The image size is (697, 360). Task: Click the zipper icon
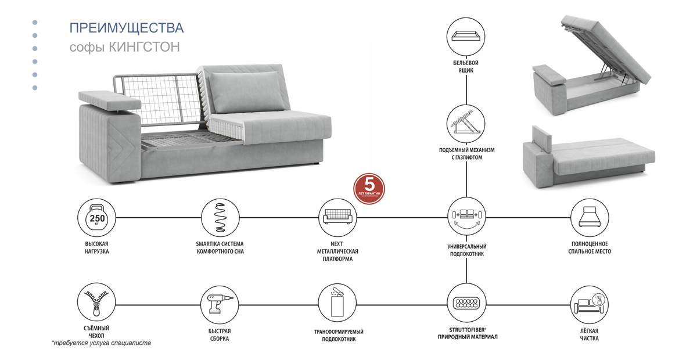coord(96,303)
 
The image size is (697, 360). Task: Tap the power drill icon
coord(220,303)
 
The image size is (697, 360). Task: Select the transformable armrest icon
coord(337,303)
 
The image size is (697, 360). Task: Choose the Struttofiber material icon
coord(467,303)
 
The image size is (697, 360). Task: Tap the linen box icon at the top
coord(467,35)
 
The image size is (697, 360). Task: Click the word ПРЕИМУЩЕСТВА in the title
coord(126,28)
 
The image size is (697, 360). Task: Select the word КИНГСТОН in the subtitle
coord(144,47)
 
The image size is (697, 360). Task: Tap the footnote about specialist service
coord(101,343)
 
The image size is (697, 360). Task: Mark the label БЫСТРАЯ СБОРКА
coord(220,335)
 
